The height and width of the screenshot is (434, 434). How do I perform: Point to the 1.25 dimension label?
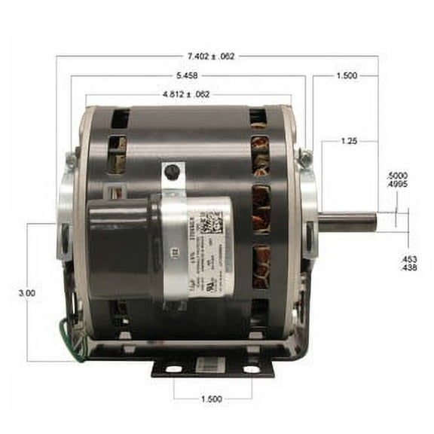(x=347, y=140)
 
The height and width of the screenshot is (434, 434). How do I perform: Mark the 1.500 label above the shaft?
(x=346, y=76)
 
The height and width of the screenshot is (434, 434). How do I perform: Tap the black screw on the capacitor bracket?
(x=173, y=172)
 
